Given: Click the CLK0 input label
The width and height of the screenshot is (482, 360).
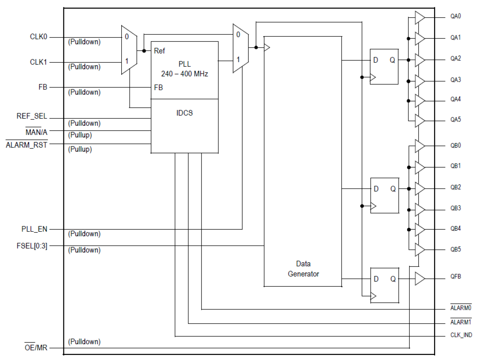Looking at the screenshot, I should coord(38,37).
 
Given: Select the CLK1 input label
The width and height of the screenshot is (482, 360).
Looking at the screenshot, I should coord(38,62).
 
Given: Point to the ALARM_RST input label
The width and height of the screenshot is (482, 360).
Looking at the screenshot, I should coord(26,145).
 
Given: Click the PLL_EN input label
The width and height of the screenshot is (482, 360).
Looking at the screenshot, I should coord(35,229).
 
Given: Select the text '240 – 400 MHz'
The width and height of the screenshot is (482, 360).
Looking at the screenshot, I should coord(185,74).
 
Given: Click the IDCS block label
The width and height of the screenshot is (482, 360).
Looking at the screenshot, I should coord(185,114).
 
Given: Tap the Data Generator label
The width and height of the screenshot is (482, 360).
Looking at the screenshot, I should coord(303,269).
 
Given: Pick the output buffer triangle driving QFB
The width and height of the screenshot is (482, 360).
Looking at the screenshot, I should coord(420,279).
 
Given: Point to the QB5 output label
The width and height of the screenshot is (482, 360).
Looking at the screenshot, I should coord(456,249).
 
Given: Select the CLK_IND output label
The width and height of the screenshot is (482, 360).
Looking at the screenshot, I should coord(461,335).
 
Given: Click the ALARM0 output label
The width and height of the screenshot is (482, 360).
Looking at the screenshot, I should coord(461,307).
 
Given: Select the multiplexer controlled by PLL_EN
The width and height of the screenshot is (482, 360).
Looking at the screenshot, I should coord(240,48).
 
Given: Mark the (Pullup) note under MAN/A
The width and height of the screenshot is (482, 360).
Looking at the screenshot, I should coord(80,135).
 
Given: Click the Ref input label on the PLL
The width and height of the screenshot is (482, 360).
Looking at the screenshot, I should coord(159,51).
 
